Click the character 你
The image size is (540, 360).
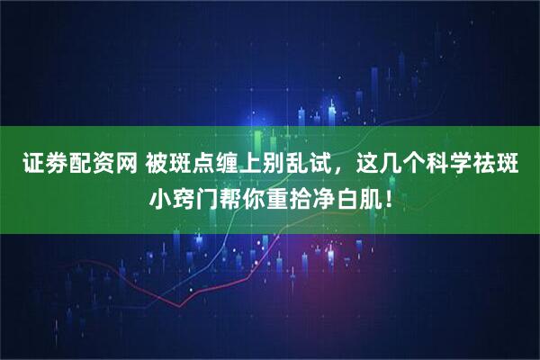coord(257,197)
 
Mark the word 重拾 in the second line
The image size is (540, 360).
coord(294,197)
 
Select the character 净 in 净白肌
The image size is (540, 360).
coord(330,197)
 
